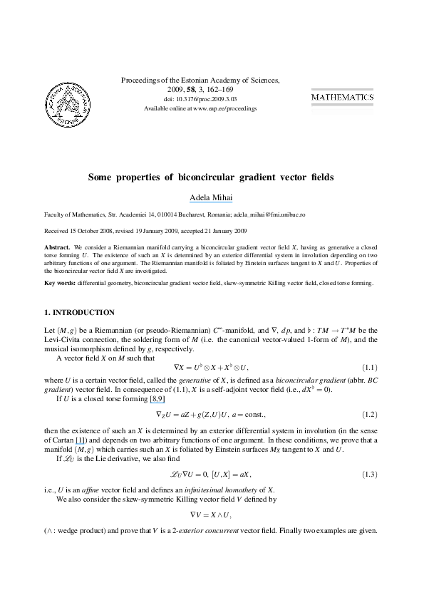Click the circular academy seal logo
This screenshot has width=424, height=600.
click(x=68, y=104)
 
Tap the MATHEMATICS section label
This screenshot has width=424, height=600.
click(x=343, y=97)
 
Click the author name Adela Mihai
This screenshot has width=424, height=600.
click(x=211, y=197)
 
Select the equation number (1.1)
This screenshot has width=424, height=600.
click(x=370, y=368)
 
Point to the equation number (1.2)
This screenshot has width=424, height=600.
click(x=370, y=415)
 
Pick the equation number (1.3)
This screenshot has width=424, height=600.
click(x=370, y=475)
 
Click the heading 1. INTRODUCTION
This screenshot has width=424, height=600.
click(x=79, y=313)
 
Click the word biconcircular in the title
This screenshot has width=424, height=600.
click(x=206, y=177)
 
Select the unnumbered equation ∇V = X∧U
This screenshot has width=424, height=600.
click(x=210, y=514)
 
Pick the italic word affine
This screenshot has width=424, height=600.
click(x=91, y=490)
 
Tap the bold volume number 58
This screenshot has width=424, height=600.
click(x=190, y=90)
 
